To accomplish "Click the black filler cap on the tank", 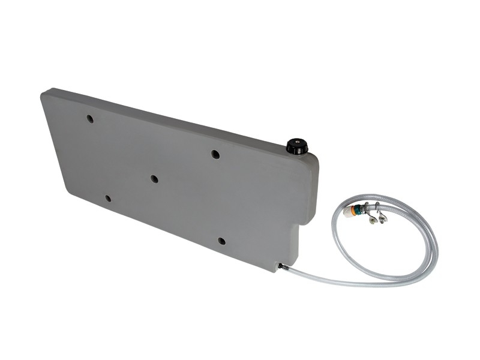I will click(x=296, y=146).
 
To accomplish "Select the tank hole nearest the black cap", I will click(x=215, y=154).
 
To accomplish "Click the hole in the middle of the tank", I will click(x=154, y=179).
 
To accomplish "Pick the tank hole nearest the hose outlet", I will click(x=221, y=241).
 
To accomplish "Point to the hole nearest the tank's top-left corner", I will click(x=90, y=119).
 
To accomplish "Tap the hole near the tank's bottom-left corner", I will click(x=108, y=198).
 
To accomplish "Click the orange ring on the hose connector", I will click(x=353, y=211).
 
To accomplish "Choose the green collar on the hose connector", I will click(x=358, y=209).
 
